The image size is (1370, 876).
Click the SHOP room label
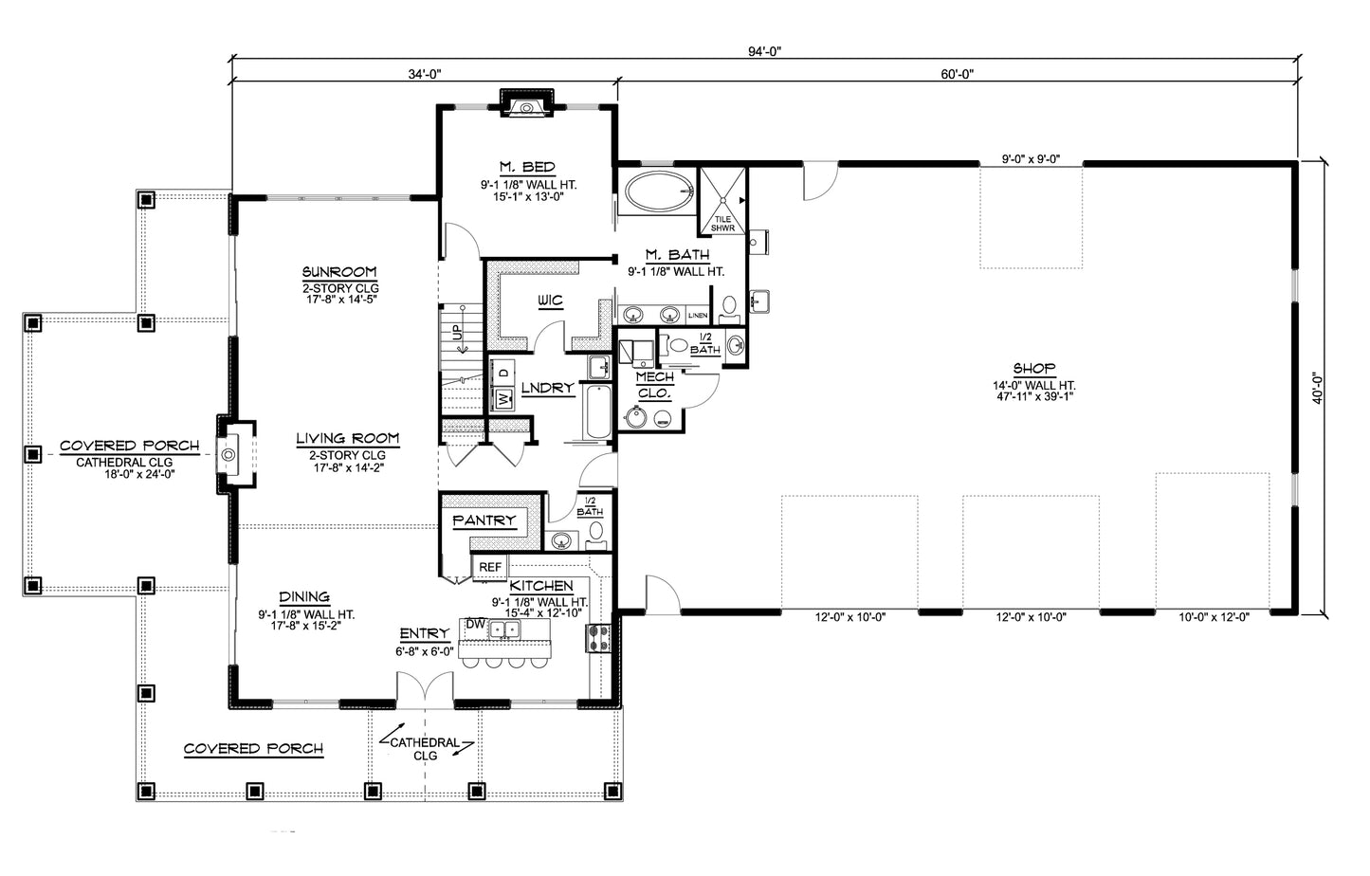point(1034,368)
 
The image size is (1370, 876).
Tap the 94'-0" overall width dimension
point(765,51)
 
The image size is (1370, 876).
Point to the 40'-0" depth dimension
point(1318,389)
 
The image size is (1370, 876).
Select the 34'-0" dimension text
point(425,74)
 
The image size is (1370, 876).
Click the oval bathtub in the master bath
point(658,192)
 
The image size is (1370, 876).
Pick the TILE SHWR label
point(722,224)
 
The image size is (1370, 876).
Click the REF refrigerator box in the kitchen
point(490,567)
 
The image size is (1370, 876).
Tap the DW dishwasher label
point(475,624)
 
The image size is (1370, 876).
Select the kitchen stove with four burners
point(598,637)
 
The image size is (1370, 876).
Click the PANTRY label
point(484,520)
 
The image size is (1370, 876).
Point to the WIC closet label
point(550,301)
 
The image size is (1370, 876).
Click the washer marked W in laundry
point(504,399)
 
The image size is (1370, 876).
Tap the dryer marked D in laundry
point(504,372)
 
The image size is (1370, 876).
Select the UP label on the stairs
point(457,332)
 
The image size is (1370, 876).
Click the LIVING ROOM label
point(347,438)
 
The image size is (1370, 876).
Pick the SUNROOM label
point(339,271)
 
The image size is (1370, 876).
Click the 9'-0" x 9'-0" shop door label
point(1032,159)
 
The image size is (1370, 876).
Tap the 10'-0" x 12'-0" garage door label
point(1215,617)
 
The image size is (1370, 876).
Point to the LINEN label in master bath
point(698,316)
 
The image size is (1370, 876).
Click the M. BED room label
point(527,167)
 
